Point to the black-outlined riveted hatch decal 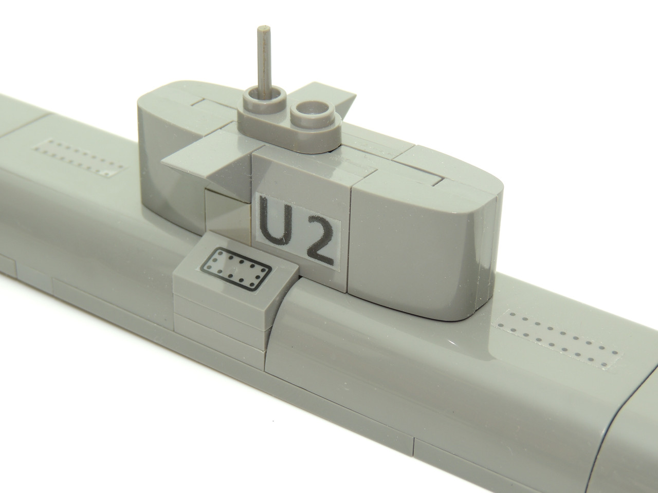(237, 270)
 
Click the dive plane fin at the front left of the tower (207, 162)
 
